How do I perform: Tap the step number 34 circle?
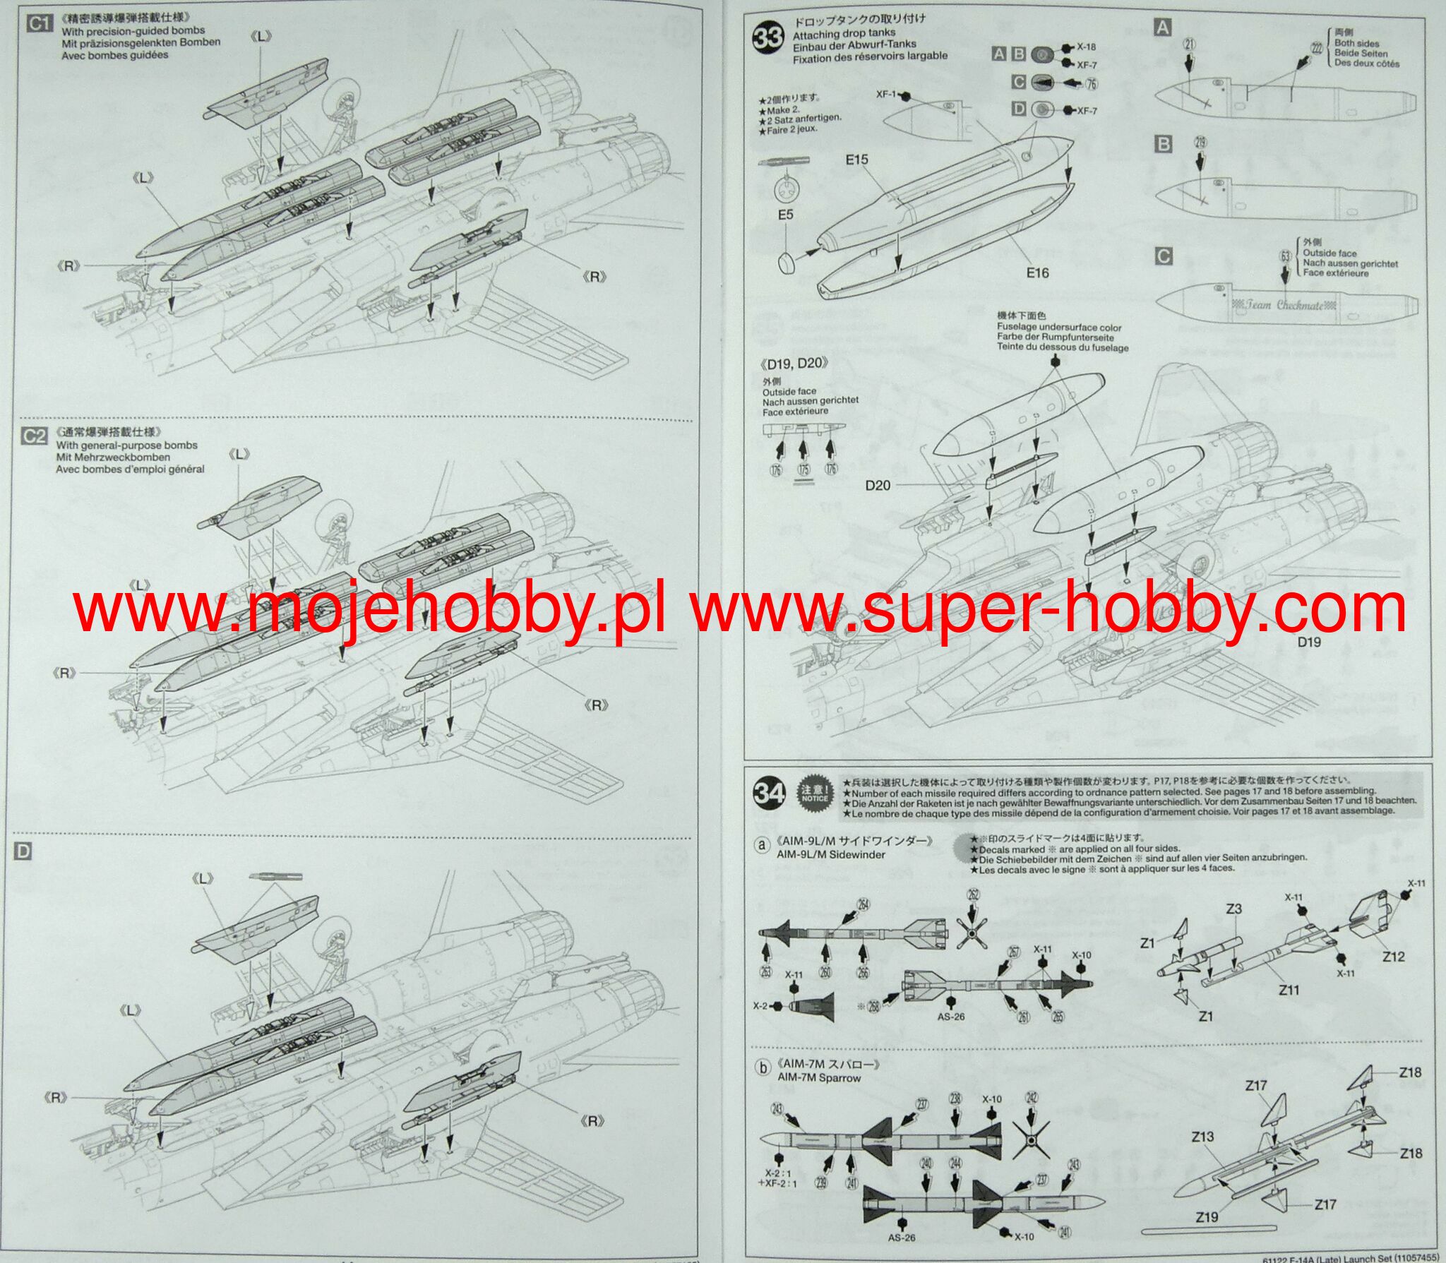[x=770, y=793]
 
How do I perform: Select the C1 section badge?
[x=39, y=23]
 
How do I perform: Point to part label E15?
[x=856, y=160]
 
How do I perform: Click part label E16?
[x=1037, y=273]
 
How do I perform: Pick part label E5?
[x=786, y=214]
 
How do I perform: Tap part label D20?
[x=878, y=485]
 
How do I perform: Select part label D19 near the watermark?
[x=1308, y=642]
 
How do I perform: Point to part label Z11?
[x=1289, y=990]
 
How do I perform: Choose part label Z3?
[x=1233, y=909]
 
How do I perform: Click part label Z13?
[x=1202, y=1137]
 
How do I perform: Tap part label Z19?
[x=1207, y=1217]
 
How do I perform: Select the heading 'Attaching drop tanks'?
[x=844, y=33]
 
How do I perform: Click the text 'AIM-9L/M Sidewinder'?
[x=831, y=854]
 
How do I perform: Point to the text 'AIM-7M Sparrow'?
[x=819, y=1078]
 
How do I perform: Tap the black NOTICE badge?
[x=814, y=794]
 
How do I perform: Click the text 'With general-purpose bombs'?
[x=127, y=445]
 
